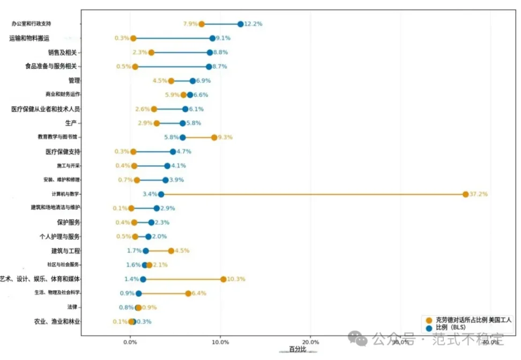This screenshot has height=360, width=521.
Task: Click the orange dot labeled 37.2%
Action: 465,194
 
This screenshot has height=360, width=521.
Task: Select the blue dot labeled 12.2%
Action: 240,24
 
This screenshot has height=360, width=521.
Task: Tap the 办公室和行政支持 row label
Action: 39,24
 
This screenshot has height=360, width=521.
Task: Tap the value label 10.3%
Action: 236,279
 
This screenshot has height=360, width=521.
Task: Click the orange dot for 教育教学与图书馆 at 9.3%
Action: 214,137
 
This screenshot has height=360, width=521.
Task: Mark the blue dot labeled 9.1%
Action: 212,38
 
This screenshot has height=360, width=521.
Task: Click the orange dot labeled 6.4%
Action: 188,293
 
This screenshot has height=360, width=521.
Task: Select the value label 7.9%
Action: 190,24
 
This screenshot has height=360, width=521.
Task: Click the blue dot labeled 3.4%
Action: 161,194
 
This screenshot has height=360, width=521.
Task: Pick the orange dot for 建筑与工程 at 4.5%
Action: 171,251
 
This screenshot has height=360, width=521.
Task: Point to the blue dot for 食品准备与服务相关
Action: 209,67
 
